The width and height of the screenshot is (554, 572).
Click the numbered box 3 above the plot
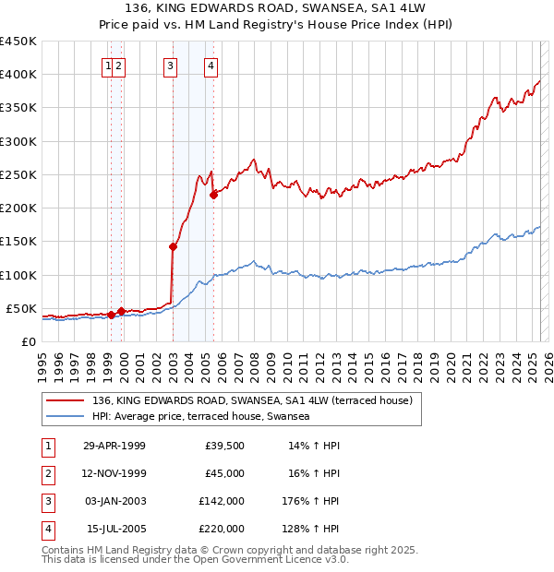(171, 65)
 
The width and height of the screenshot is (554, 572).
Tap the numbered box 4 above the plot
(211, 65)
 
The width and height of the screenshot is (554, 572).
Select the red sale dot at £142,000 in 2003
(173, 246)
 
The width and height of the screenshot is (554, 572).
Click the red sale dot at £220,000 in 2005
(213, 195)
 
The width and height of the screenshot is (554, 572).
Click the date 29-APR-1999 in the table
(114, 446)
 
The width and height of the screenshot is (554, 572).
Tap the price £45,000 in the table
(225, 473)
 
